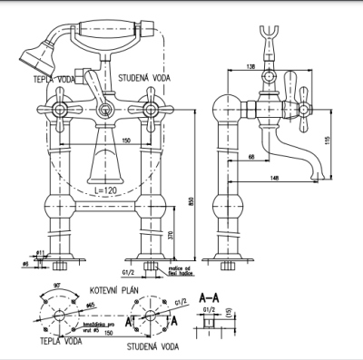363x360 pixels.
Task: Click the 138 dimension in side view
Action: (250, 66)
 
